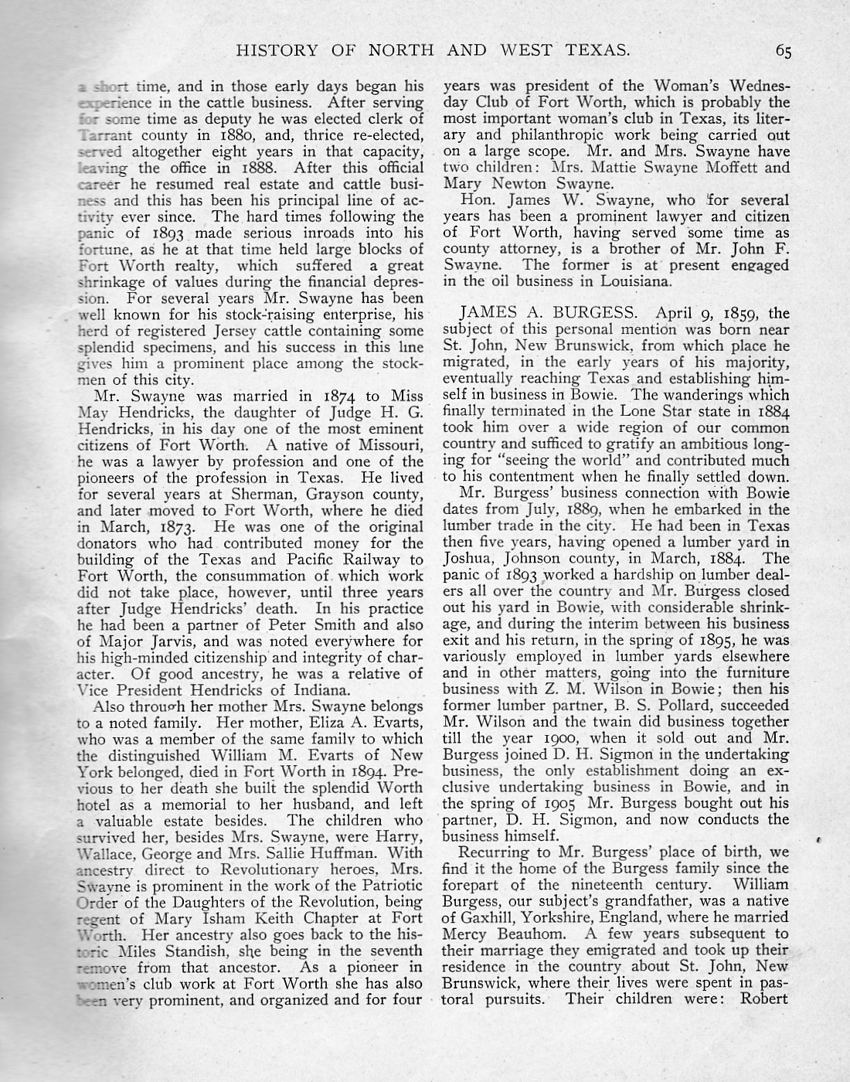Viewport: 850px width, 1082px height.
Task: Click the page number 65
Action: (x=784, y=52)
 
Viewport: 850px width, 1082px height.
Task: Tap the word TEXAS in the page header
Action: (x=594, y=51)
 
